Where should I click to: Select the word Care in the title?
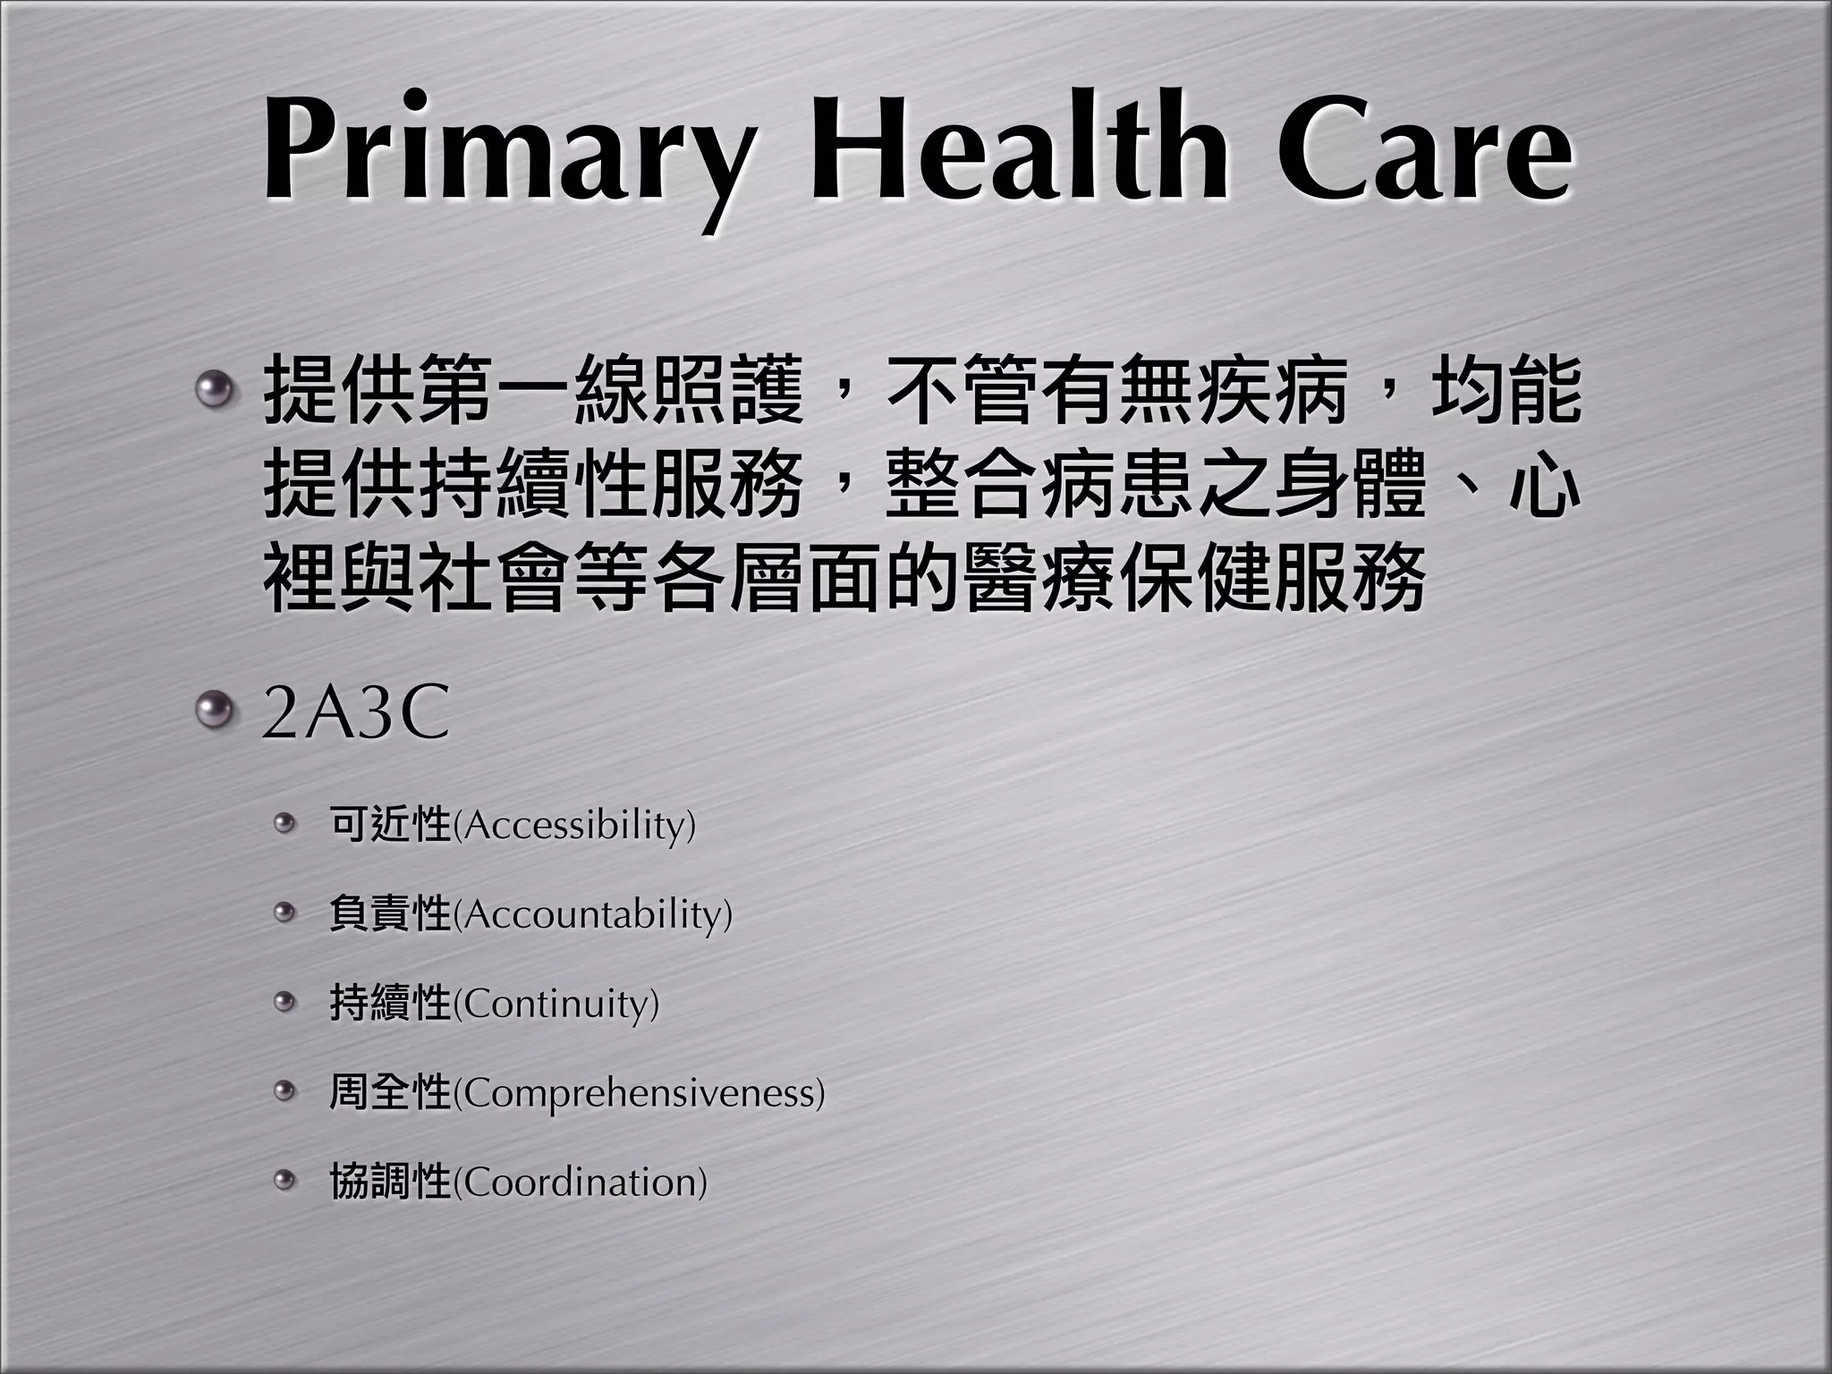[x=1425, y=148]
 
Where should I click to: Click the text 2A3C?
[x=355, y=715]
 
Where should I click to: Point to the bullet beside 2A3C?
[x=214, y=712]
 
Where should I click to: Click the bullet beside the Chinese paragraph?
[x=214, y=389]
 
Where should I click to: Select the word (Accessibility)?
[x=574, y=825]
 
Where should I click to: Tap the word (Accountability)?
[x=593, y=914]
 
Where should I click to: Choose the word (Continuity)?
[x=556, y=1004]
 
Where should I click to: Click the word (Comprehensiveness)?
[x=639, y=1093]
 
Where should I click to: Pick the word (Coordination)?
[x=581, y=1183]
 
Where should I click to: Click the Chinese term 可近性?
[x=390, y=824]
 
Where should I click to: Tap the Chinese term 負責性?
[x=390, y=913]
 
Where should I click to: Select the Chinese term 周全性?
[x=390, y=1092]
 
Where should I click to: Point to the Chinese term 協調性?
[x=390, y=1182]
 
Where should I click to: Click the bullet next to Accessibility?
[x=284, y=823]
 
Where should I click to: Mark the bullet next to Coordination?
[x=284, y=1181]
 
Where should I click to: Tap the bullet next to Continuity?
[x=284, y=1002]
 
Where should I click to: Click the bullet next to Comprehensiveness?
[x=284, y=1091]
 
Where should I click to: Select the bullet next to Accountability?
[x=284, y=912]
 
